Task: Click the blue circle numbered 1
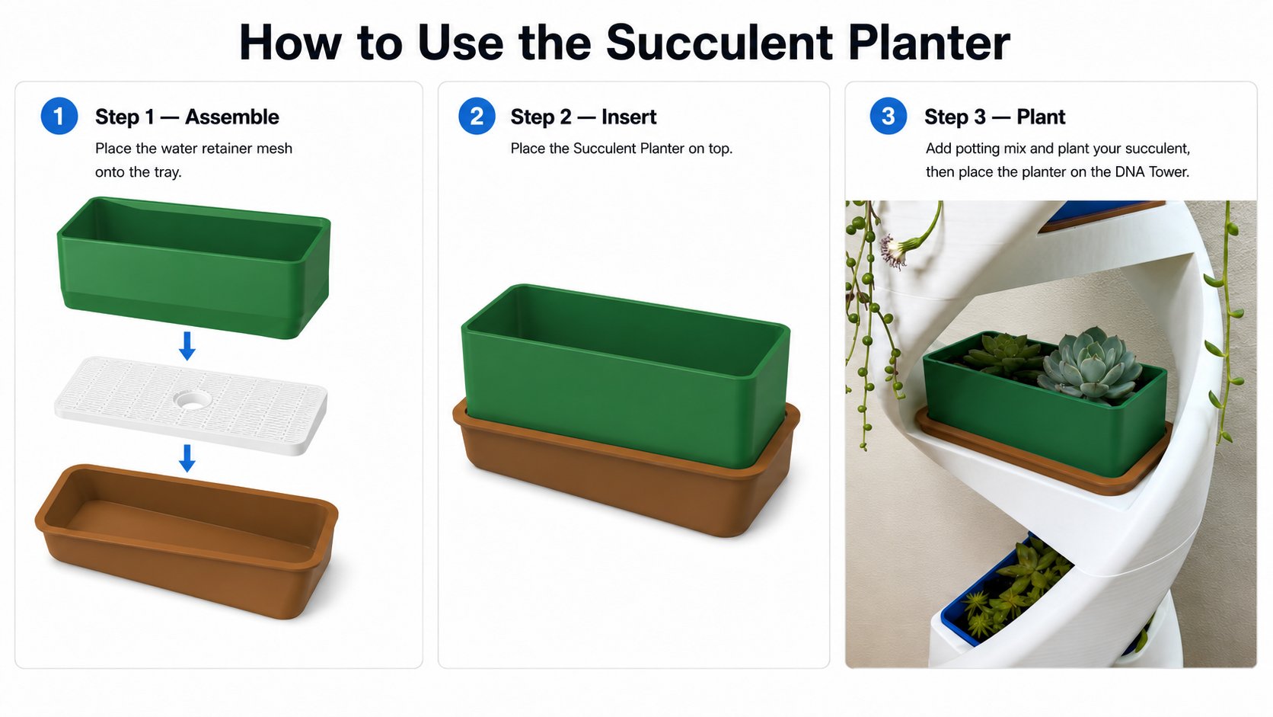[x=59, y=116]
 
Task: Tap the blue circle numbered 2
[x=477, y=116]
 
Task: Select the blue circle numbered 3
[x=889, y=116]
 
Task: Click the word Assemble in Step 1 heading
[x=232, y=117]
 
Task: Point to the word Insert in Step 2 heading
[x=629, y=117]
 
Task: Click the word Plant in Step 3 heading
[x=1041, y=117]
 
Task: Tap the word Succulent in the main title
[x=719, y=43]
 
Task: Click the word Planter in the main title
[x=929, y=43]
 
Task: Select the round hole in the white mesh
[x=192, y=400]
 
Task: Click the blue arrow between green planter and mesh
[x=187, y=346]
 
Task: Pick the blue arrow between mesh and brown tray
[x=187, y=458]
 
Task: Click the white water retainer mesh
[x=191, y=405]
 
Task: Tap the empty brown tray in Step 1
[x=187, y=540]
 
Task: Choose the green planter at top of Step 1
[x=194, y=267]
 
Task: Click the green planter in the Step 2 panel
[x=626, y=376]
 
